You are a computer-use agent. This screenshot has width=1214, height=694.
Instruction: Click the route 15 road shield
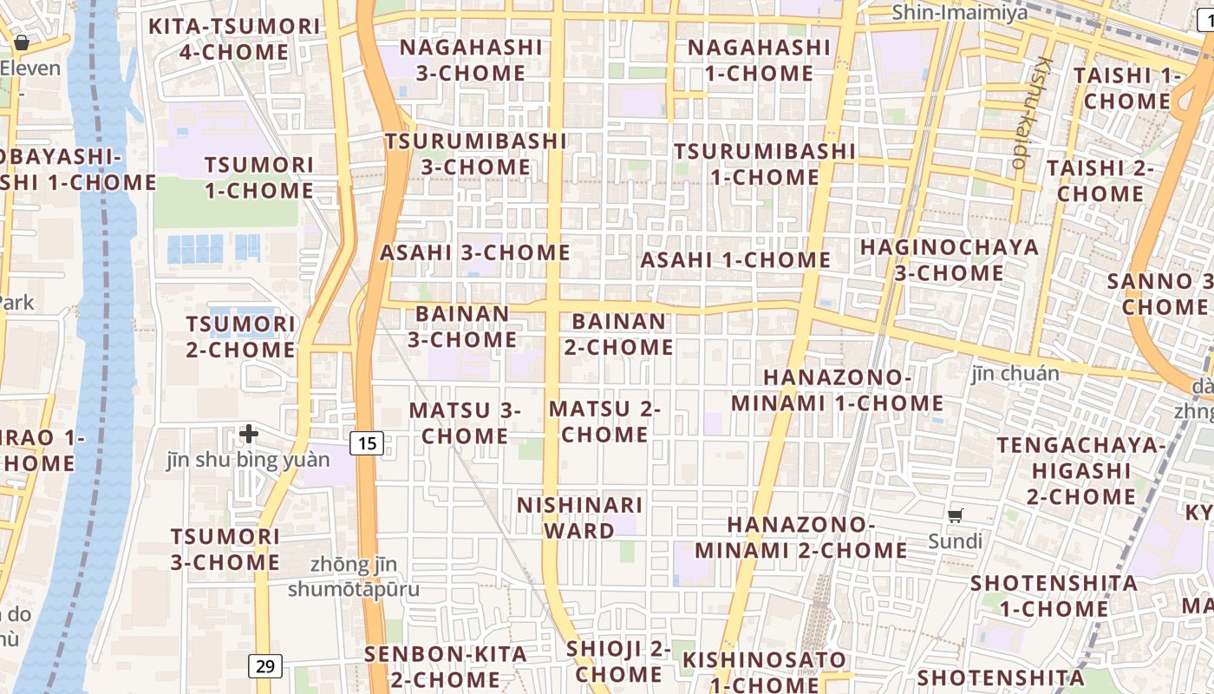click(x=367, y=443)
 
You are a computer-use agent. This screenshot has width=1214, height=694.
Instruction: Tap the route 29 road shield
click(x=265, y=666)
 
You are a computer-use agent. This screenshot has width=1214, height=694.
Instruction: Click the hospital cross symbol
click(x=249, y=433)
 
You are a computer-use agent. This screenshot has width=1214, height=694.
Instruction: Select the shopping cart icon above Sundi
click(x=956, y=516)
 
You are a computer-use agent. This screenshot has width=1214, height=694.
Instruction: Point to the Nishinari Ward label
click(x=579, y=517)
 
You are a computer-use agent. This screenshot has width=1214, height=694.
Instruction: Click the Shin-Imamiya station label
click(x=959, y=12)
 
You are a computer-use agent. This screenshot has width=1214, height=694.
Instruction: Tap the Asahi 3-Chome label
click(x=475, y=252)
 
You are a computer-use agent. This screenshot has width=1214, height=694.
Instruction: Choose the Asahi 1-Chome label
click(x=735, y=259)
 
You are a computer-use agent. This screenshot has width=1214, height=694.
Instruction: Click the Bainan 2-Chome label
click(x=619, y=334)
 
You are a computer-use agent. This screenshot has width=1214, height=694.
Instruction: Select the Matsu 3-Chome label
click(x=465, y=422)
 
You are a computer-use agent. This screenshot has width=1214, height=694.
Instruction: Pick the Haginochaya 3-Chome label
click(x=949, y=260)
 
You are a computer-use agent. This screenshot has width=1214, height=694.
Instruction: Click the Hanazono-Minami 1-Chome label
click(x=837, y=390)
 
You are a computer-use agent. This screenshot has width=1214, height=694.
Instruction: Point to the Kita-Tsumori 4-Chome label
click(x=234, y=39)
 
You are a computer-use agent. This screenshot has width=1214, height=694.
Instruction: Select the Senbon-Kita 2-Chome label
click(x=446, y=666)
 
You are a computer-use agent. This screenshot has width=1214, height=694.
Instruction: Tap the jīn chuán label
click(x=1015, y=374)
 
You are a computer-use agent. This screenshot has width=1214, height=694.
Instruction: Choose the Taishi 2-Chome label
click(x=1100, y=180)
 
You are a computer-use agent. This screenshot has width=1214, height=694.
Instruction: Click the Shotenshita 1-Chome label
click(x=1054, y=595)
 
